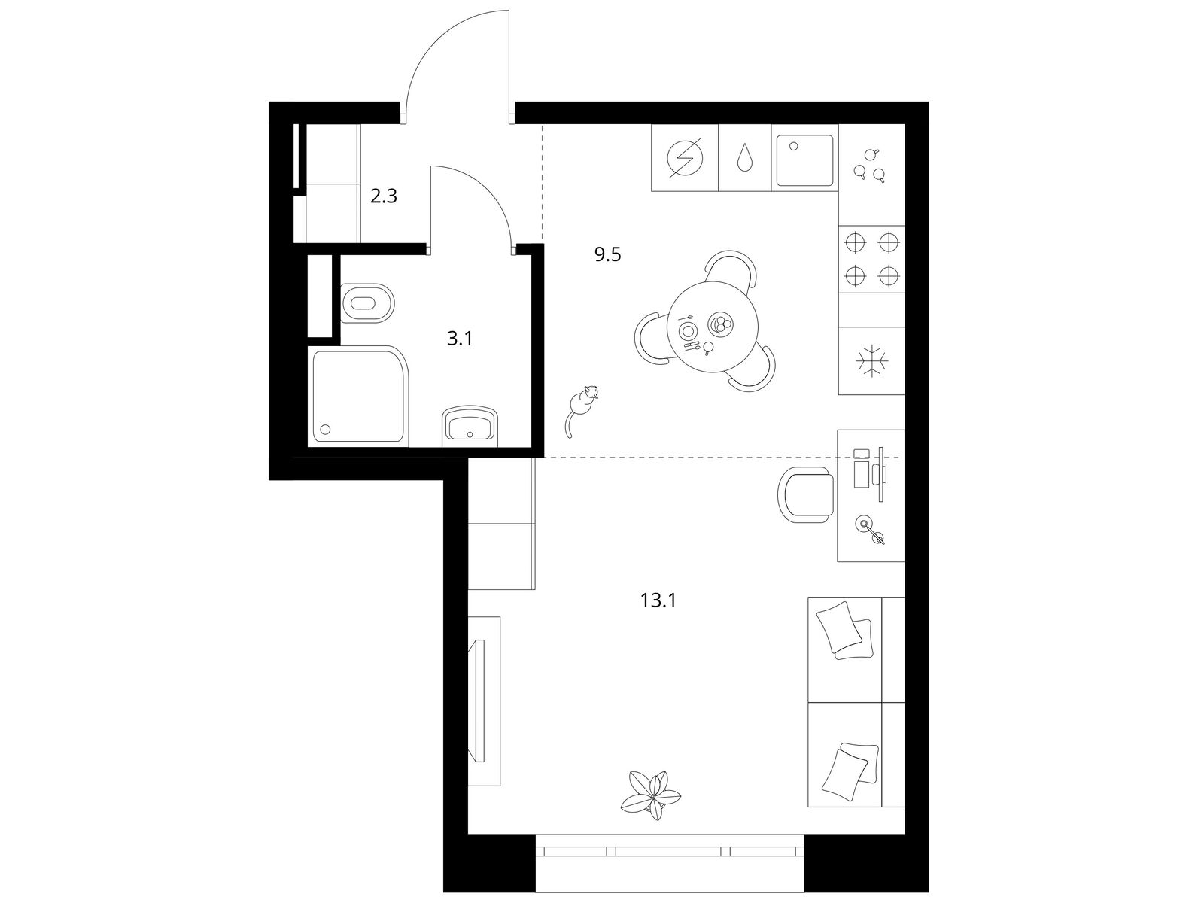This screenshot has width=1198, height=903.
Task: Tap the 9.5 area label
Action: point(607,255)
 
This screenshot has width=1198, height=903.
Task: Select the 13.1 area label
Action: point(658,600)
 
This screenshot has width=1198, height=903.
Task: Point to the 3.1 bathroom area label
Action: point(460,339)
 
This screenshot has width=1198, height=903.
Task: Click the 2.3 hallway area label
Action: point(384,196)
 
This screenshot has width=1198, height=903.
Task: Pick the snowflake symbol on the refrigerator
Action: point(871,360)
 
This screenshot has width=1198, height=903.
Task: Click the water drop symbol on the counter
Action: point(744,158)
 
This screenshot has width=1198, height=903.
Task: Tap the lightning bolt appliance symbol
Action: point(685,158)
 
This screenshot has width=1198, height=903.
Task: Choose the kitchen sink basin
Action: point(804,159)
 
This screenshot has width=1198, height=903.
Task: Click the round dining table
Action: point(713,326)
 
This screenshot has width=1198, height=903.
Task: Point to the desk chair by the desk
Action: point(806,495)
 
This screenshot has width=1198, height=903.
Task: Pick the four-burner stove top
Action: point(871,259)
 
